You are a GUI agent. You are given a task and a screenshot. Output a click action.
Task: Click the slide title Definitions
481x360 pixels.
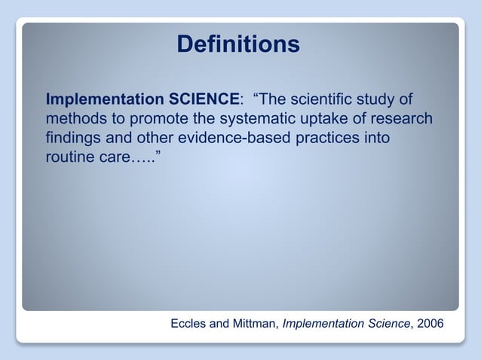[237, 44]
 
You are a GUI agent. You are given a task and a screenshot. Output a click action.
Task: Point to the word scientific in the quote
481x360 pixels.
[329, 99]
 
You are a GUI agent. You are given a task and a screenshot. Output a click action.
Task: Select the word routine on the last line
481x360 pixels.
[70, 158]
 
